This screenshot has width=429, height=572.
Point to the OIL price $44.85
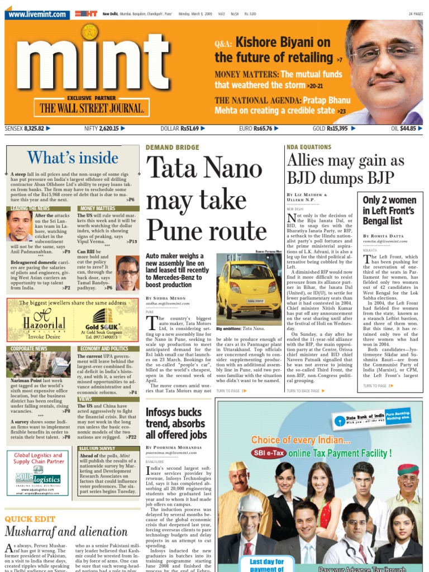pyautogui.click(x=408, y=128)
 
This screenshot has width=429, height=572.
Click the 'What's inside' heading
pyautogui.click(x=73, y=158)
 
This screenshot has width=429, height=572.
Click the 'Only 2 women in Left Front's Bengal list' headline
pyautogui.click(x=389, y=211)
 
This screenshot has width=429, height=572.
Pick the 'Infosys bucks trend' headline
pyautogui.click(x=176, y=423)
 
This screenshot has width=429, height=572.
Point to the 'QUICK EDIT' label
pyautogui.click(x=30, y=518)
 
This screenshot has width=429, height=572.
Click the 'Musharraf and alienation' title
pyautogui.click(x=66, y=531)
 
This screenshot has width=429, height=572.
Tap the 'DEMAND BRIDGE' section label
pyautogui.click(x=172, y=147)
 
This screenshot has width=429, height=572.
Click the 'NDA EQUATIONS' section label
pyautogui.click(x=308, y=147)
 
